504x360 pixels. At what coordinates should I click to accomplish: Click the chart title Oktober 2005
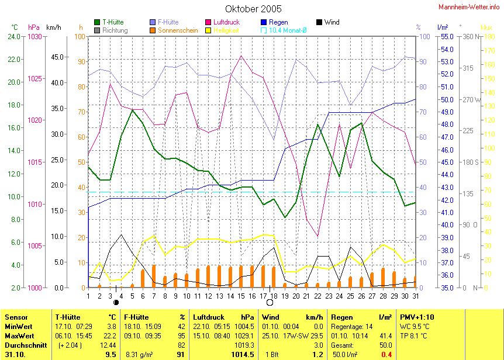253,9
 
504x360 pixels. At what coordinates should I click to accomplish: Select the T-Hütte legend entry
112,22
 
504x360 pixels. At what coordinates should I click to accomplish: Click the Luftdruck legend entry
223,22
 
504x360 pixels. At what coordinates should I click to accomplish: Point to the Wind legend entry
332,22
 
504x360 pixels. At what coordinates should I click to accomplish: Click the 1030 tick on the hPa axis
35,37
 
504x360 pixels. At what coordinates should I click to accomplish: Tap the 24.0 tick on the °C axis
14,37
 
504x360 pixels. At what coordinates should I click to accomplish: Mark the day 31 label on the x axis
415,296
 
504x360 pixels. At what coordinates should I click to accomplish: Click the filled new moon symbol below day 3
116,302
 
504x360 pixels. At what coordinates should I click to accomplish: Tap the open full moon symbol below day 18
270,302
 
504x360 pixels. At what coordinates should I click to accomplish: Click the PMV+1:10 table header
417,317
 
